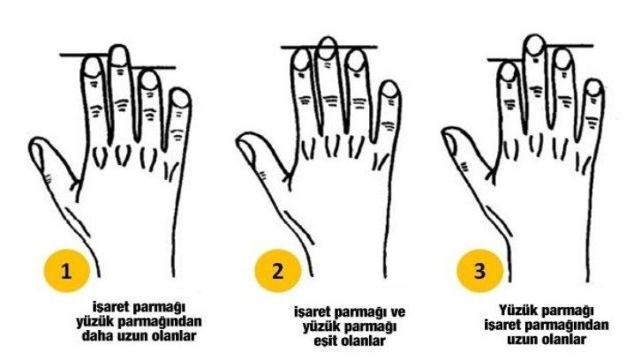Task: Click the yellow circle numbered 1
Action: tap(66, 271)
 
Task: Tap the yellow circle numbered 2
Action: tap(277, 271)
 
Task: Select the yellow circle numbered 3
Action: tap(480, 271)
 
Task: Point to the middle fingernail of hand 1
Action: tap(119, 56)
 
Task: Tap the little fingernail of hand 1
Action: tap(180, 99)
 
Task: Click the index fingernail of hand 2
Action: tap(302, 60)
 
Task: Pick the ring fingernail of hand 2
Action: tap(356, 61)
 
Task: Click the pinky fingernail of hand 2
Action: tap(390, 90)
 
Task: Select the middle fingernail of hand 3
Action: tap(535, 45)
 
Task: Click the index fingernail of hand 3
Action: tap(509, 72)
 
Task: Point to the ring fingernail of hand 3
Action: tap(562, 59)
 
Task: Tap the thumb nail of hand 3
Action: tap(450, 144)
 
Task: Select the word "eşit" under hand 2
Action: tap(326, 341)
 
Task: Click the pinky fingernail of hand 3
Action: tap(593, 88)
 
